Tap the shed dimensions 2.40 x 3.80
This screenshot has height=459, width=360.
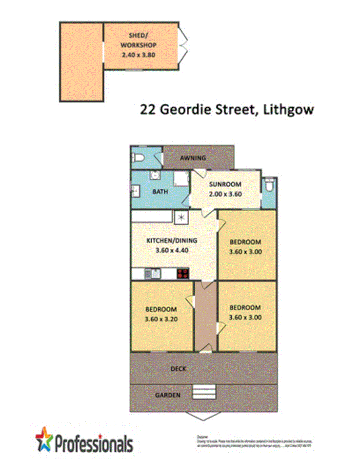pyautogui.click(x=139, y=55)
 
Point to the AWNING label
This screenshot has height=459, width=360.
pyautogui.click(x=193, y=158)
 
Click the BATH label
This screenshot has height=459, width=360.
pyautogui.click(x=160, y=192)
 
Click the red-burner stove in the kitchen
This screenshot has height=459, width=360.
pyautogui.click(x=183, y=274)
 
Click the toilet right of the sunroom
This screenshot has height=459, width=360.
pyautogui.click(x=269, y=185)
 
